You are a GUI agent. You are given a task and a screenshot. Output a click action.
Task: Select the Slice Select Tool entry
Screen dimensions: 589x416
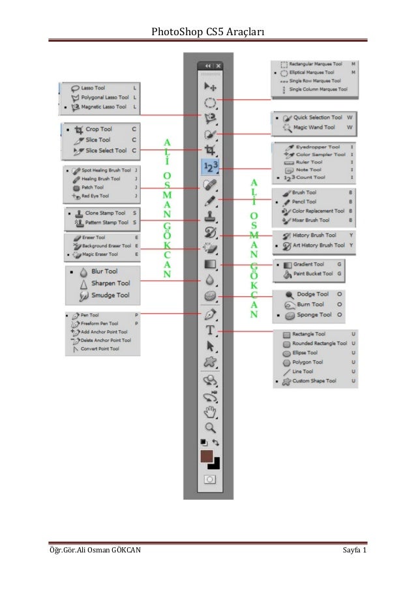106,151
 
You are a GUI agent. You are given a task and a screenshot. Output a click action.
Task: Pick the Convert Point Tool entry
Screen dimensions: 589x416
100,349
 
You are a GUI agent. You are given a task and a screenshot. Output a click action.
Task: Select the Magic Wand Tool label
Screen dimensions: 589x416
314,128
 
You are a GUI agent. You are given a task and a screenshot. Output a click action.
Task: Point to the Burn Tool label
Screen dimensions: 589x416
310,305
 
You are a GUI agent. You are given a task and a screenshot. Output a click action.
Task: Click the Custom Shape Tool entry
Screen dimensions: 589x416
314,381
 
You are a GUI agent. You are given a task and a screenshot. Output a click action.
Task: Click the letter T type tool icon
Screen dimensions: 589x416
211,331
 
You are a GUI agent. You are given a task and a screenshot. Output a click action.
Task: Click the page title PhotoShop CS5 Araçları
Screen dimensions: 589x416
207,31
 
